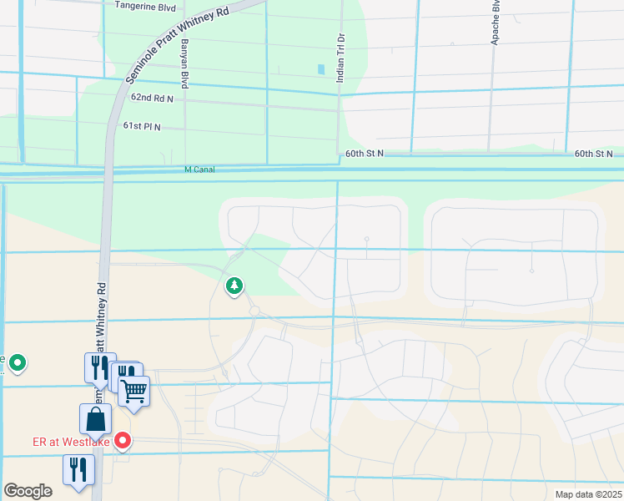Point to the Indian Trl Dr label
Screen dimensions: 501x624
pyautogui.click(x=341, y=57)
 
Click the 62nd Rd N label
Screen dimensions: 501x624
pyautogui.click(x=151, y=98)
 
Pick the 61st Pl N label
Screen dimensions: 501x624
pyautogui.click(x=141, y=126)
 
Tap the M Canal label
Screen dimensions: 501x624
pyautogui.click(x=200, y=170)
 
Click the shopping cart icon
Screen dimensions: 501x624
pyautogui.click(x=133, y=390)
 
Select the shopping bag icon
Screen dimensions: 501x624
pyautogui.click(x=95, y=418)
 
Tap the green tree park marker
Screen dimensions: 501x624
pyautogui.click(x=234, y=286)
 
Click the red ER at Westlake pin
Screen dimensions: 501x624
pyautogui.click(x=123, y=439)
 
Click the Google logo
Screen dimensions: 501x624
pyautogui.click(x=27, y=491)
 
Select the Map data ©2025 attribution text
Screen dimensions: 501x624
pyautogui.click(x=587, y=494)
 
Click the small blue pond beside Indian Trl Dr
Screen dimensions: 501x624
pyautogui.click(x=320, y=69)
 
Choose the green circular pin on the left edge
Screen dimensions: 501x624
pyautogui.click(x=16, y=363)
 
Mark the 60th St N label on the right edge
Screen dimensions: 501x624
pyautogui.click(x=593, y=154)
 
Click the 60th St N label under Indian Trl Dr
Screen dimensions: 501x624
pyautogui.click(x=364, y=154)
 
